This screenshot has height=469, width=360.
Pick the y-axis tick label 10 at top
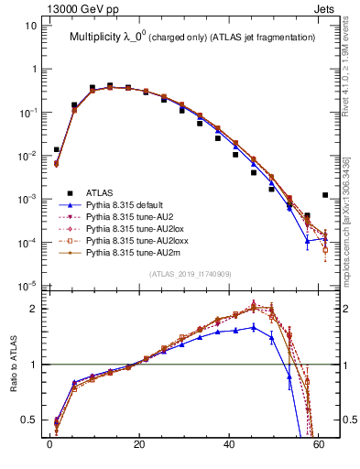(29, 26)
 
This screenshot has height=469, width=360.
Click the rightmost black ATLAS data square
(325, 195)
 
